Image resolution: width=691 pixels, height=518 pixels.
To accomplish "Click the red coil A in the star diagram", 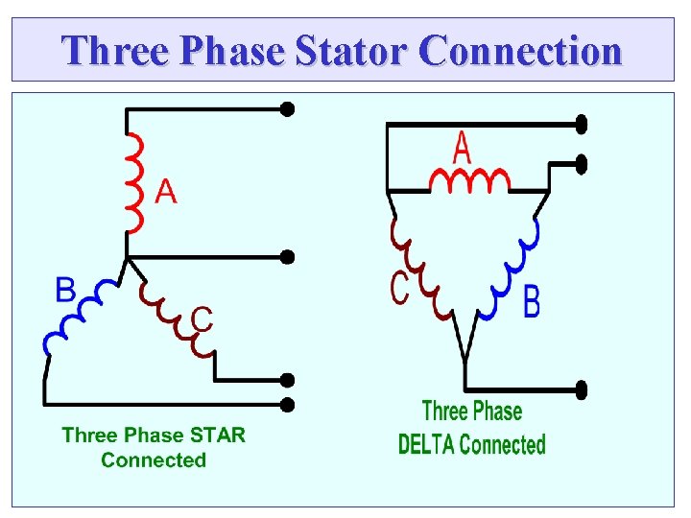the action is click(x=134, y=182).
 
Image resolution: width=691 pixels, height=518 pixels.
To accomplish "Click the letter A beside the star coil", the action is click(x=165, y=193).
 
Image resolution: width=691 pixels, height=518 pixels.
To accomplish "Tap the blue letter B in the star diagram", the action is click(x=65, y=290).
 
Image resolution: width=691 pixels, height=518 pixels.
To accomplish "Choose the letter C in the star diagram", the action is click(x=201, y=318).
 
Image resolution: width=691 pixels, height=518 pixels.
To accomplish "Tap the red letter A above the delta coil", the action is click(x=462, y=150).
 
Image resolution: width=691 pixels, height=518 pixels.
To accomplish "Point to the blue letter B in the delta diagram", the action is click(x=531, y=302).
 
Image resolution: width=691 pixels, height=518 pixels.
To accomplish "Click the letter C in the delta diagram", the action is click(x=399, y=288).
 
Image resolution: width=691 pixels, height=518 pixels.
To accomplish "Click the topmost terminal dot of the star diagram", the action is click(x=286, y=108).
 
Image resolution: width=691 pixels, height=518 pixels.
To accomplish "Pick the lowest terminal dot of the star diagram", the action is click(x=286, y=404).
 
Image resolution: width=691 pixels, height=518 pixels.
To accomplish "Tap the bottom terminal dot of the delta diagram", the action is click(x=581, y=388).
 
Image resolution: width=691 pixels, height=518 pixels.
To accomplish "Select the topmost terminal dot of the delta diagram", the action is click(x=581, y=124).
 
